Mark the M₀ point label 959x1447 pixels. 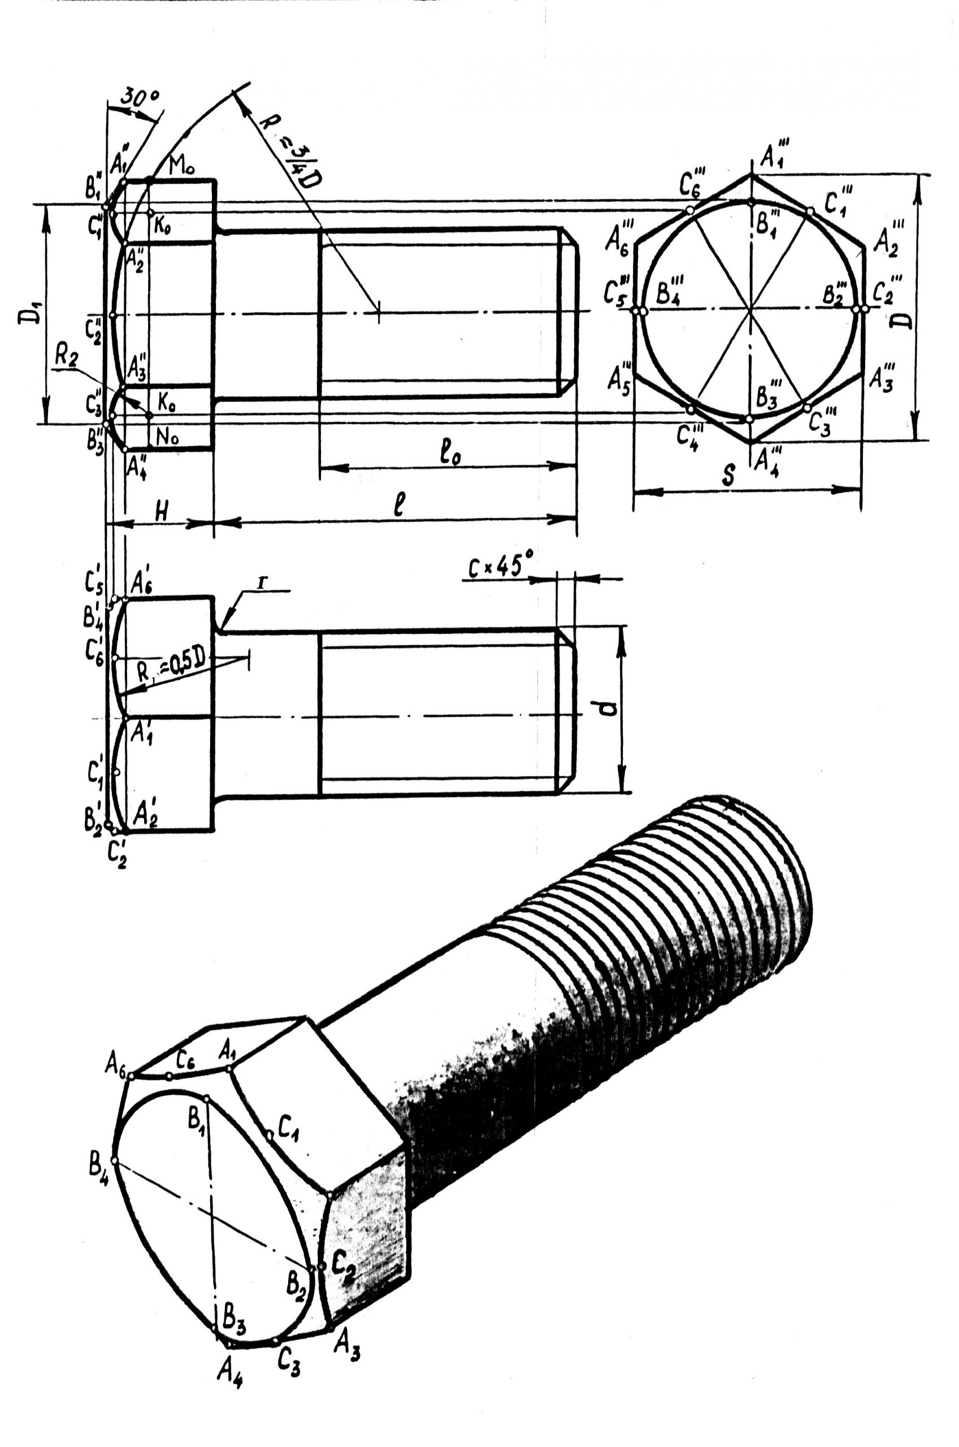(181, 166)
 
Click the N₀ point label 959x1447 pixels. (167, 437)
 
